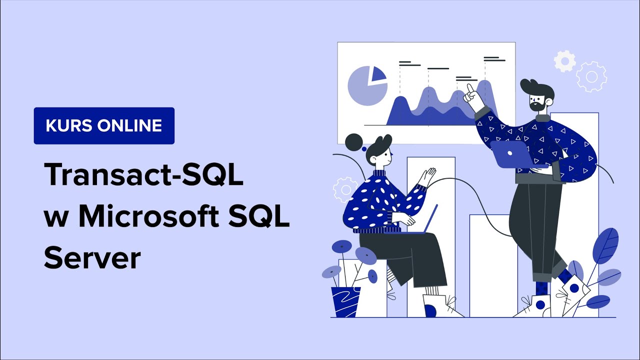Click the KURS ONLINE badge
(104, 125)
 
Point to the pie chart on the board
(367, 85)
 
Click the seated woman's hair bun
(354, 142)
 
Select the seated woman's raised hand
(426, 176)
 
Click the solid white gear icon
(565, 61)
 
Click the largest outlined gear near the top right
(591, 77)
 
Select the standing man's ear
(549, 102)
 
